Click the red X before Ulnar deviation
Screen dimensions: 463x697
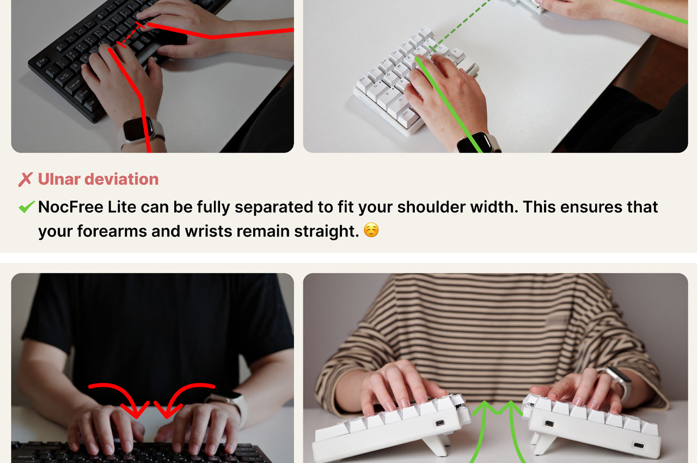point(25,179)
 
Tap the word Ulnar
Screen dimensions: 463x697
point(58,179)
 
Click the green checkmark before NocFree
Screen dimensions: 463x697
point(26,207)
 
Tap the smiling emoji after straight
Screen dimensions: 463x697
point(371,231)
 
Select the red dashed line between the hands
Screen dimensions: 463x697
point(130,35)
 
